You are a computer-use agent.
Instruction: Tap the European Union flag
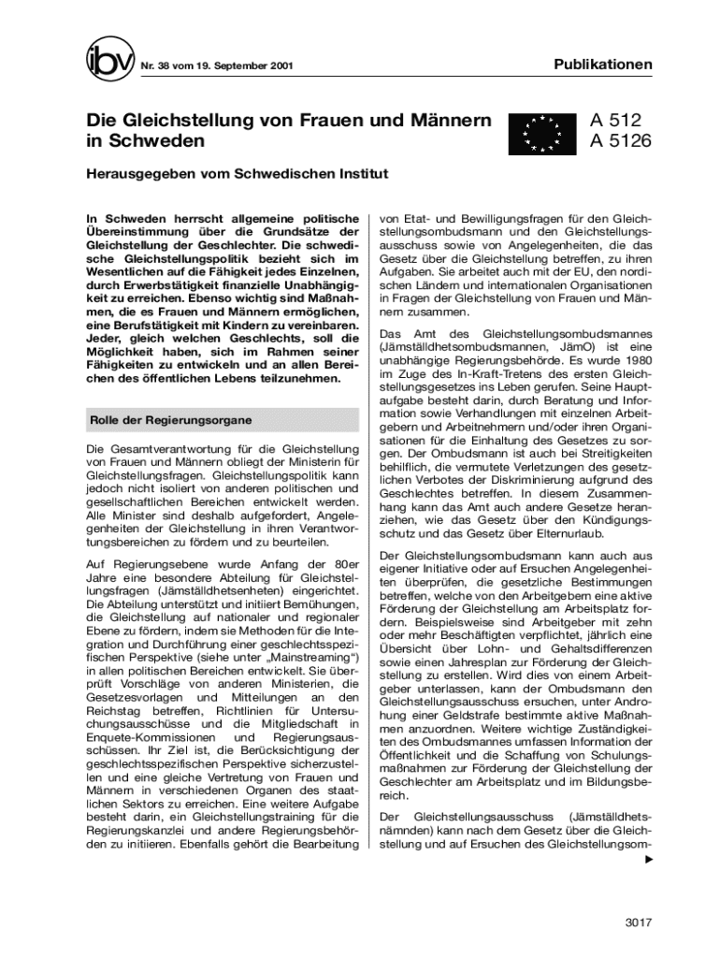pos(540,134)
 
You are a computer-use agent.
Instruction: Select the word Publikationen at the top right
pos(603,65)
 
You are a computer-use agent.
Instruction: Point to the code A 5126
pos(620,142)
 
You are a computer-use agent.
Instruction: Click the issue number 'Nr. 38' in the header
pos(155,67)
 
